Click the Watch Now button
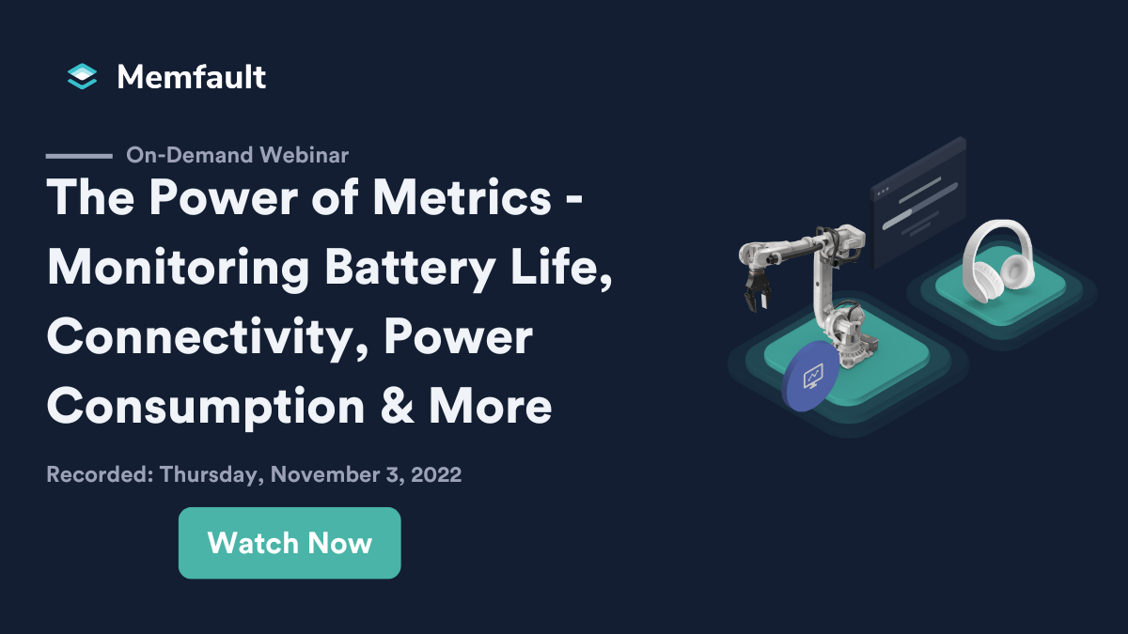pyautogui.click(x=290, y=543)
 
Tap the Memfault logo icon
pyautogui.click(x=83, y=76)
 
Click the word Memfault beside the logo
pyautogui.click(x=192, y=76)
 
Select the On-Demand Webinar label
pyautogui.click(x=237, y=155)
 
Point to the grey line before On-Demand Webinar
pyautogui.click(x=79, y=155)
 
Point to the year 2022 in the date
pyautogui.click(x=433, y=474)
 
